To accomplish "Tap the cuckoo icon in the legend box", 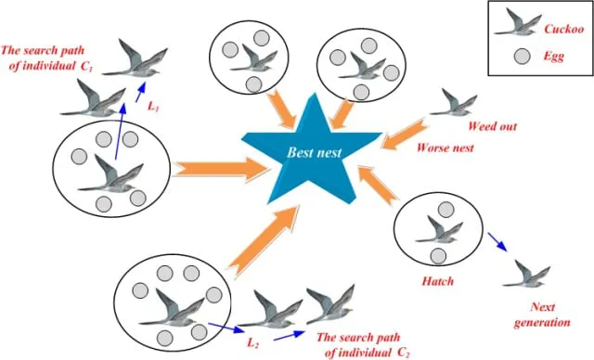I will pyautogui.click(x=516, y=22).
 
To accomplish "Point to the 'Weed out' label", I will pyautogui.click(x=496, y=126).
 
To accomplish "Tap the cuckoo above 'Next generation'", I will pyautogui.click(x=536, y=274).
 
